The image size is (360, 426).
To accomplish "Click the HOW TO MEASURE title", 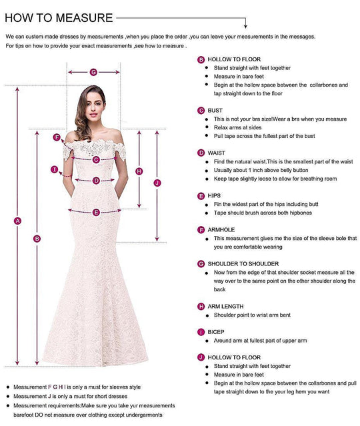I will pyautogui.click(x=59, y=17).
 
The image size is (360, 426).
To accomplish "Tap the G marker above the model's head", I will pyautogui.click(x=93, y=72).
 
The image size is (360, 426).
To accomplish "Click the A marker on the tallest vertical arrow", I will pyautogui.click(x=18, y=221).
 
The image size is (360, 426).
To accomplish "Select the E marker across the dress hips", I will pyautogui.click(x=96, y=212).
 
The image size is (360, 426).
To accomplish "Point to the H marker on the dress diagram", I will pyautogui.click(x=139, y=171).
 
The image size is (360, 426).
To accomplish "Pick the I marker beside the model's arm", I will pyautogui.click(x=54, y=169).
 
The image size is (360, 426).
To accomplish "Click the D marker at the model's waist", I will pyautogui.click(x=96, y=180).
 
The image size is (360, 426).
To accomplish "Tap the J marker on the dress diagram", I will pyautogui.click(x=157, y=183).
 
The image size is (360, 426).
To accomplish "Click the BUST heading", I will pyautogui.click(x=215, y=110).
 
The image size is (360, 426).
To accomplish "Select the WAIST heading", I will pyautogui.click(x=216, y=153).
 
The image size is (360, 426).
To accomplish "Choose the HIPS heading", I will pyautogui.click(x=215, y=196).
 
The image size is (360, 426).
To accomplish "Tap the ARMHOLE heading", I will pyautogui.click(x=221, y=229).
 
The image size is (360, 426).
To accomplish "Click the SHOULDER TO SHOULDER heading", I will pyautogui.click(x=243, y=264).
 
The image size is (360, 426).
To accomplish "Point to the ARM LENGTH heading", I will pyautogui.click(x=225, y=306).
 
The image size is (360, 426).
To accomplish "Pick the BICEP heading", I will pyautogui.click(x=216, y=331).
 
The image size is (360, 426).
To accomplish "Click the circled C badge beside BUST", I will pyautogui.click(x=201, y=111).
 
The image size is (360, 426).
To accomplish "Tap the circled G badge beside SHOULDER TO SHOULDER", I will pyautogui.click(x=201, y=265).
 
